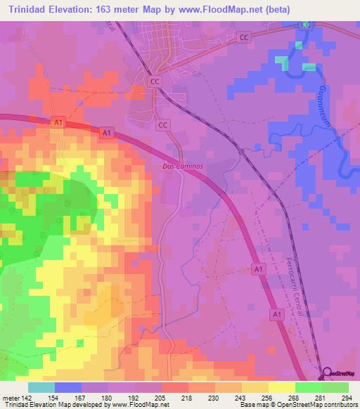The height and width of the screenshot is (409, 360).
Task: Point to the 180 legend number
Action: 108,397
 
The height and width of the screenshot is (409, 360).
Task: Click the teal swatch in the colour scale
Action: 41,387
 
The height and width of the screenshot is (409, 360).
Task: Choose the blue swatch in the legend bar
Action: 68,387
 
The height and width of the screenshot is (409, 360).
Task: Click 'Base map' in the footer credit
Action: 251,405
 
